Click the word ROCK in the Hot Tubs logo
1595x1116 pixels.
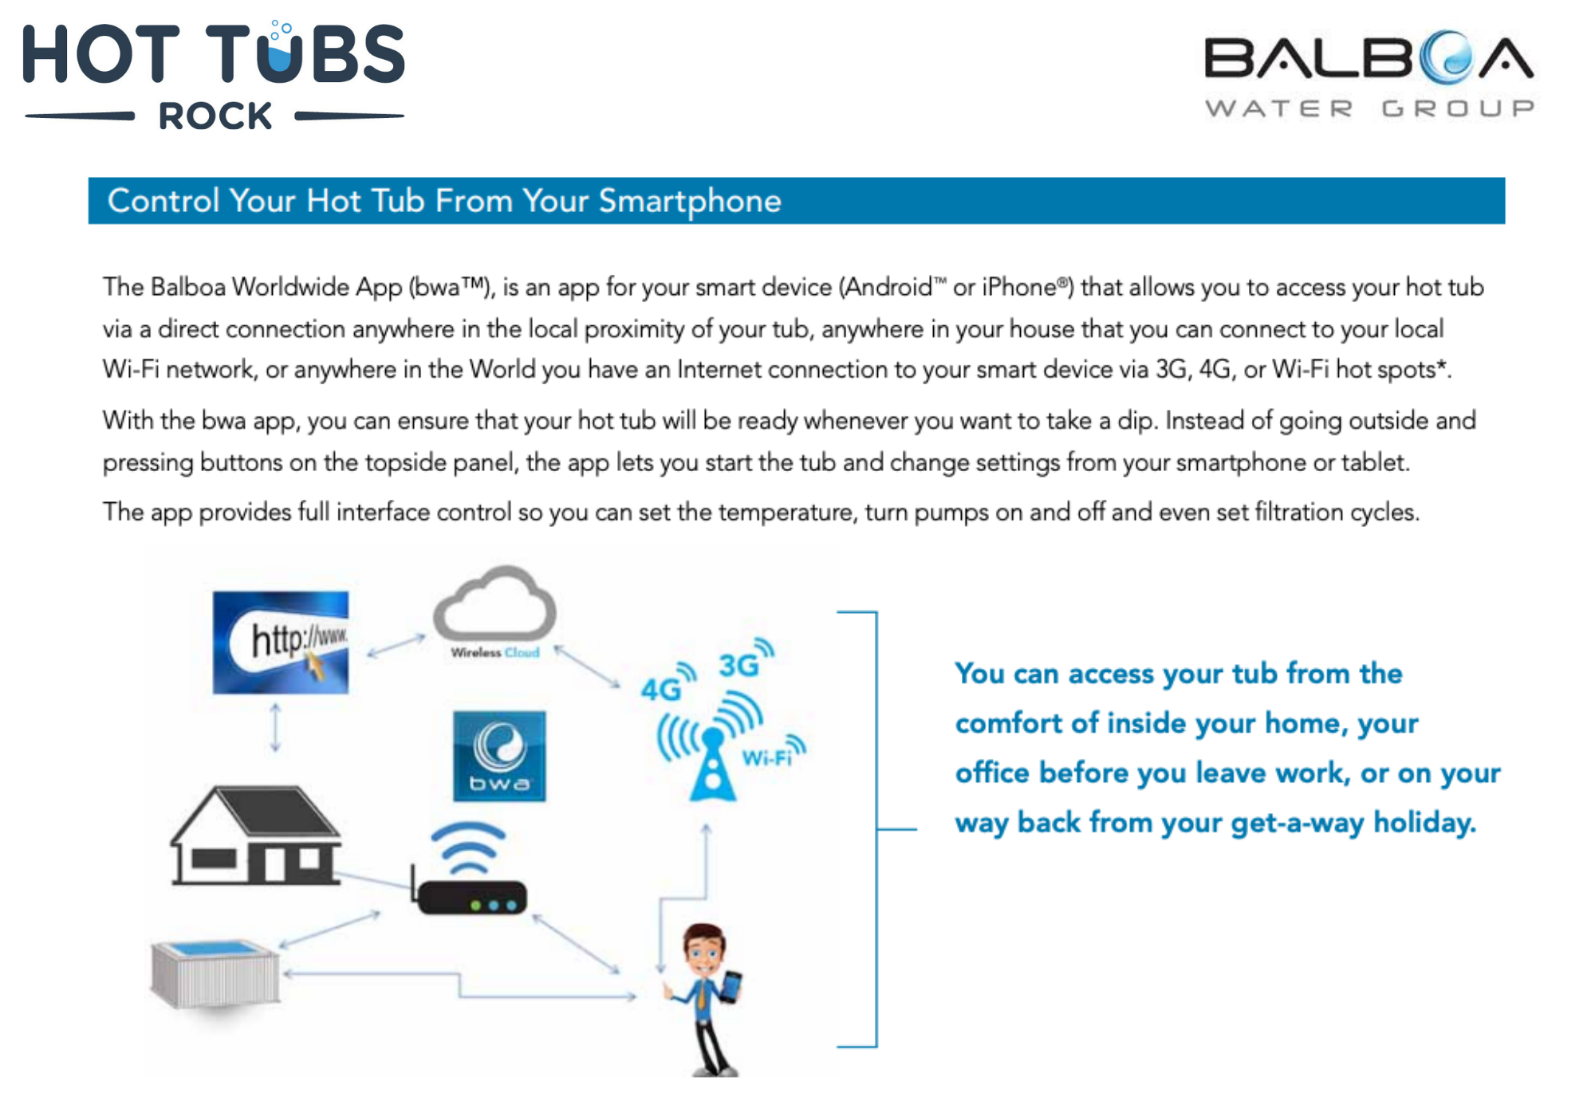(215, 116)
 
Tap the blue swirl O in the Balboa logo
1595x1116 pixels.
(1447, 57)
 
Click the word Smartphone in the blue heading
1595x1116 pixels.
(690, 202)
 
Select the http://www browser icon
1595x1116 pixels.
(281, 642)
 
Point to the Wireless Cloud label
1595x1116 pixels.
(495, 653)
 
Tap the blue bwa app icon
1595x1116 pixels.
(499, 756)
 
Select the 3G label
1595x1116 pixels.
(738, 665)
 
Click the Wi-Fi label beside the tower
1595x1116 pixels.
(766, 758)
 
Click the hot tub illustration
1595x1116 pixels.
(215, 973)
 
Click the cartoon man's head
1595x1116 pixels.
(704, 949)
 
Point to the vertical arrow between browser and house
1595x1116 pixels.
(275, 727)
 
